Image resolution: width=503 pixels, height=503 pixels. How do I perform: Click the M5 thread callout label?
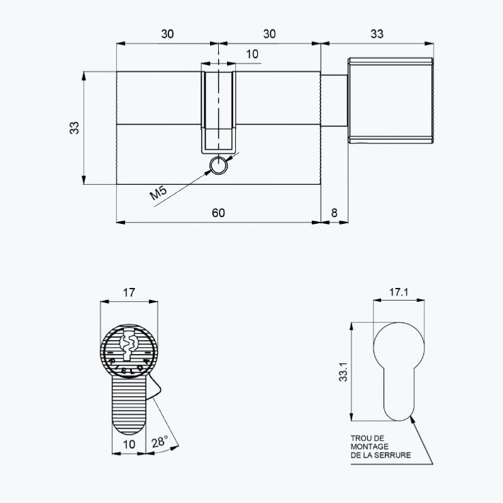pyautogui.click(x=159, y=192)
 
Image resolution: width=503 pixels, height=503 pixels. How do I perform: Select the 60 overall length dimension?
pyautogui.click(x=218, y=213)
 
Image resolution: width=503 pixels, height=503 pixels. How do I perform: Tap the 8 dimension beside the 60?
pyautogui.click(x=334, y=213)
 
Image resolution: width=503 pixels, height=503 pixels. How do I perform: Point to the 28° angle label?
pyautogui.click(x=160, y=442)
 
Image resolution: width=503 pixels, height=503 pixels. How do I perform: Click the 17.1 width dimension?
pyautogui.click(x=399, y=292)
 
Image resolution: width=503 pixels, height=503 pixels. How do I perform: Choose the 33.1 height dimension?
pyautogui.click(x=343, y=372)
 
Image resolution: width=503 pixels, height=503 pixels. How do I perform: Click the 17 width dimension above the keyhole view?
pyautogui.click(x=129, y=292)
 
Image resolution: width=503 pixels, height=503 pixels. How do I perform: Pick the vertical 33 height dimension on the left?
pyautogui.click(x=74, y=128)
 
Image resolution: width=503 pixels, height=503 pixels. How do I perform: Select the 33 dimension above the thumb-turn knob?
pyautogui.click(x=377, y=34)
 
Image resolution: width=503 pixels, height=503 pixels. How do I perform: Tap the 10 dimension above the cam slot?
pyautogui.click(x=252, y=54)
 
